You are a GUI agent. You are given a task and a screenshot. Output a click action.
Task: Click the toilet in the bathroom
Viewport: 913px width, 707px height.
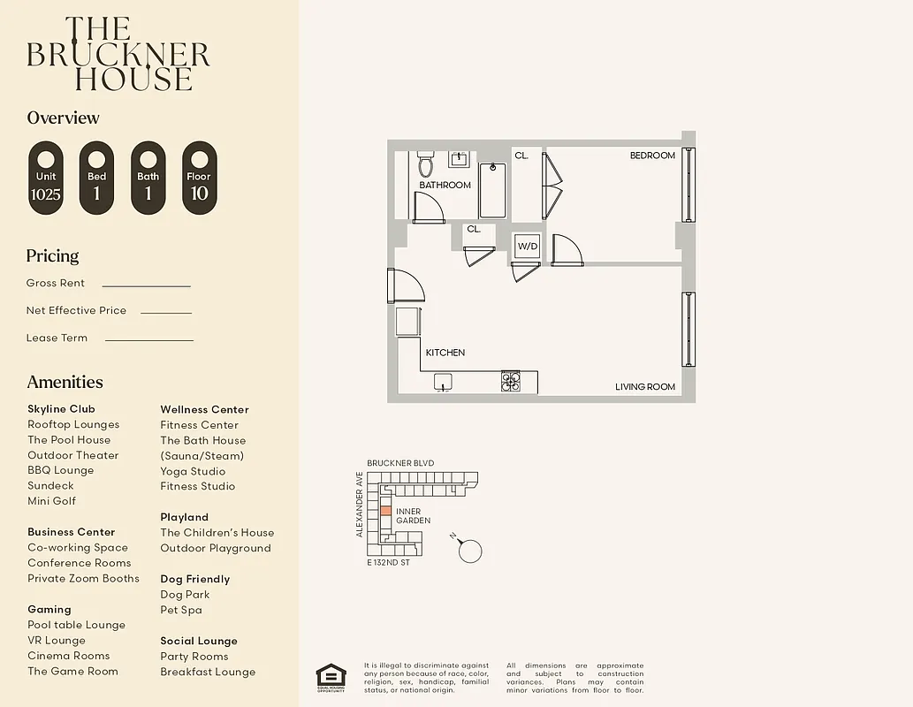pos(425,164)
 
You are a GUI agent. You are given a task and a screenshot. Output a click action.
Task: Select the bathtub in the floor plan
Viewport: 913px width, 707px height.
pos(492,190)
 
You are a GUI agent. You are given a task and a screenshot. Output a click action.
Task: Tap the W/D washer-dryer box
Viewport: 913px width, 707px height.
pos(527,245)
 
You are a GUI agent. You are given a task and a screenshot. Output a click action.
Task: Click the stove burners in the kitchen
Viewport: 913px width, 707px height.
pos(511,382)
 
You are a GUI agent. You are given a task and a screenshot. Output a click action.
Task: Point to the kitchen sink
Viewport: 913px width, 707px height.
pos(443,382)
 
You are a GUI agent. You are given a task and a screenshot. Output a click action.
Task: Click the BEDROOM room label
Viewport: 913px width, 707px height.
pos(652,156)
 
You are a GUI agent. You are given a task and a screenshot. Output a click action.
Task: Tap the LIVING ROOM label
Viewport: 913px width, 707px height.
pos(645,387)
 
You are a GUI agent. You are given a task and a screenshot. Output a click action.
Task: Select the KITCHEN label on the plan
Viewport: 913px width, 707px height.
pos(445,353)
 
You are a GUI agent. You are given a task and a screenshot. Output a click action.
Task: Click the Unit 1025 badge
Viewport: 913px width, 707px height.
pos(46,178)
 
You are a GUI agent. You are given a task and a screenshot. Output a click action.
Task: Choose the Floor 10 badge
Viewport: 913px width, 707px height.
pos(199,178)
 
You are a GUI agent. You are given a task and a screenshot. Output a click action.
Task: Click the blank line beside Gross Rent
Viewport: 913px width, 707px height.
pos(146,285)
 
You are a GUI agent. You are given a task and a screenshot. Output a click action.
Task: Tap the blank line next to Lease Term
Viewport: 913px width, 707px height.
pos(148,339)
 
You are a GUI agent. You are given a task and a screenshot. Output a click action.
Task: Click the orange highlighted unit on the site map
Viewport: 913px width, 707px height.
pos(385,512)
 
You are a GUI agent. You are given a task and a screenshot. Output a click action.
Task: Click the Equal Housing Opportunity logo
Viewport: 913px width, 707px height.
pos(331,678)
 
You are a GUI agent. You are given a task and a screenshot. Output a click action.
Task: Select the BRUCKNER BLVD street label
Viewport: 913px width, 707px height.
pos(400,463)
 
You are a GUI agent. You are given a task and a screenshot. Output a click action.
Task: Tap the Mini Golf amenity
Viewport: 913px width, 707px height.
pos(51,501)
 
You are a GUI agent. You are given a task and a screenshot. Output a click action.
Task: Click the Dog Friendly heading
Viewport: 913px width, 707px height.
pos(194,579)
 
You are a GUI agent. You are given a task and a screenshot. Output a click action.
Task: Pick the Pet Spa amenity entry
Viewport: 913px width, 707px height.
pos(181,610)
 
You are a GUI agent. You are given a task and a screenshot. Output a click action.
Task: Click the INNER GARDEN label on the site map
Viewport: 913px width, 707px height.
pos(413,516)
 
